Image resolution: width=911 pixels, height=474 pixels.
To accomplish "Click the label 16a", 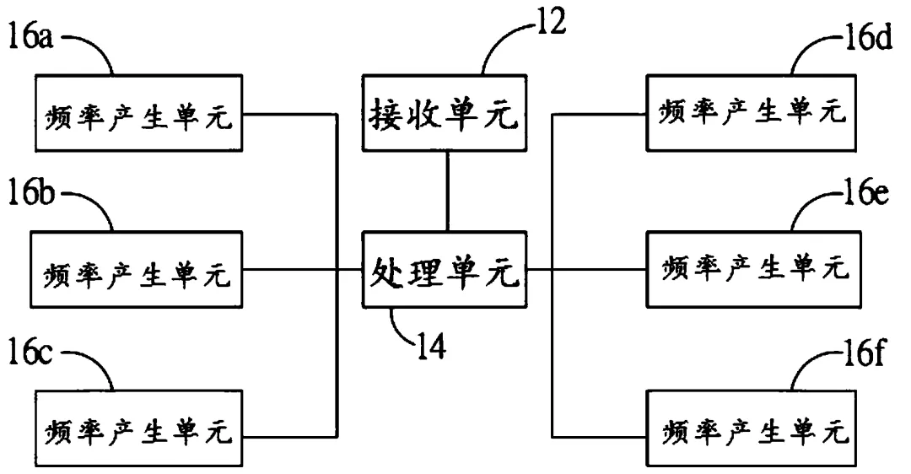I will click(29, 39).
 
